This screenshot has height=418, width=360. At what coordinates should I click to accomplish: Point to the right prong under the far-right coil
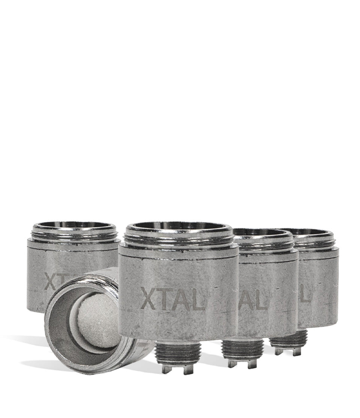click(297, 352)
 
